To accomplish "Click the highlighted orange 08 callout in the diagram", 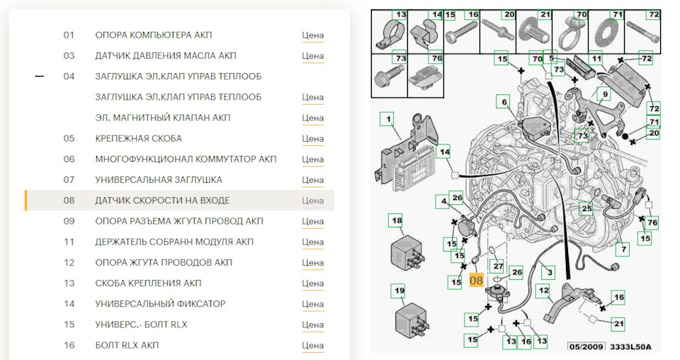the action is [x=476, y=280].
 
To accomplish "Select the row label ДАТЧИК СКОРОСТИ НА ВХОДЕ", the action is [x=163, y=201].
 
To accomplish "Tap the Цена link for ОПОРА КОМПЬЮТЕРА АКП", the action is [x=312, y=35].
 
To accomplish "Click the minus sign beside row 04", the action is [x=40, y=77].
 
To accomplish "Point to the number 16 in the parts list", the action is [x=69, y=345].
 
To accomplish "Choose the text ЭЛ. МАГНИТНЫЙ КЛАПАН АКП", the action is [x=163, y=118].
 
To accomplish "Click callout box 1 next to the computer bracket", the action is [x=389, y=119].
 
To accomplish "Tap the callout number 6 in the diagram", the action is [x=504, y=102].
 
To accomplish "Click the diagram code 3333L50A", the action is [x=630, y=347].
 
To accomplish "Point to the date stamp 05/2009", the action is [x=586, y=347].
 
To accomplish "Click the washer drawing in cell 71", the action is [x=606, y=35].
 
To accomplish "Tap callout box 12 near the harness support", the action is [x=543, y=290].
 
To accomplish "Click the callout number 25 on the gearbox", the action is [x=586, y=208].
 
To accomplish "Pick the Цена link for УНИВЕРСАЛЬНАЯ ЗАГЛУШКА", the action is [x=312, y=180].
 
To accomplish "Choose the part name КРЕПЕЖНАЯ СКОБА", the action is [x=139, y=138].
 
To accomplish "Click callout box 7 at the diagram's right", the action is [x=623, y=249].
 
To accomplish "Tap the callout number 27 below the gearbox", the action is [x=498, y=266].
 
